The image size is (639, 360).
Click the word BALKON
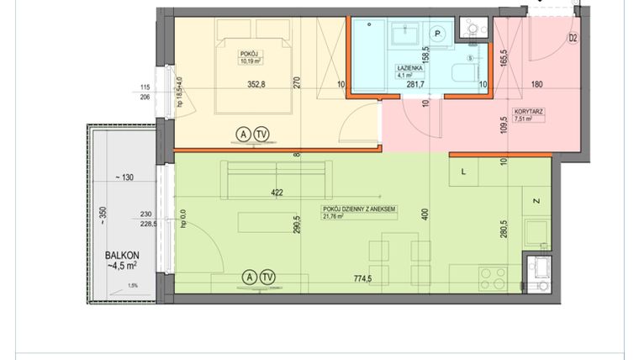pyautogui.click(x=122, y=255)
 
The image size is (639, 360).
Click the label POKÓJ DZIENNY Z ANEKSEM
pyautogui.click(x=359, y=209)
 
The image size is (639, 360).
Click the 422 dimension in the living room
pyautogui.click(x=277, y=193)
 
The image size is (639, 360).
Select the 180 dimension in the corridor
pyautogui.click(x=539, y=83)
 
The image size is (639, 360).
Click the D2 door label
pyautogui.click(x=573, y=38)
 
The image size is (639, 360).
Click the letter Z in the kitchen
pyautogui.click(x=535, y=201)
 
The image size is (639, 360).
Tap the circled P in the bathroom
pyautogui.click(x=438, y=34)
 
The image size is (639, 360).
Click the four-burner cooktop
pyautogui.click(x=492, y=277)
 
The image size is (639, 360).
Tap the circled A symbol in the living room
pyautogui.click(x=248, y=277)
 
